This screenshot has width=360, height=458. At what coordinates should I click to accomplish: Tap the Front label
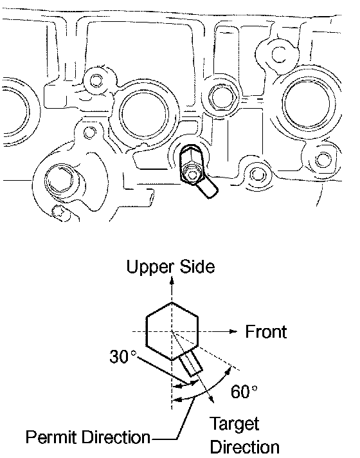pyautogui.click(x=265, y=331)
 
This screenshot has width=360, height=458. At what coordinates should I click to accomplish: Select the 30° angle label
pyautogui.click(x=123, y=356)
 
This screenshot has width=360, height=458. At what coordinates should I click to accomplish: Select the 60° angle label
pyautogui.click(x=244, y=391)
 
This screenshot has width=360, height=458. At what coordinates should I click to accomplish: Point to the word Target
pyautogui.click(x=234, y=424)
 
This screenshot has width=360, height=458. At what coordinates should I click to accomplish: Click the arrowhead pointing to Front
pyautogui.click(x=233, y=331)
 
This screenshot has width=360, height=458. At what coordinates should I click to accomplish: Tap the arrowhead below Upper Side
pyautogui.click(x=172, y=280)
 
